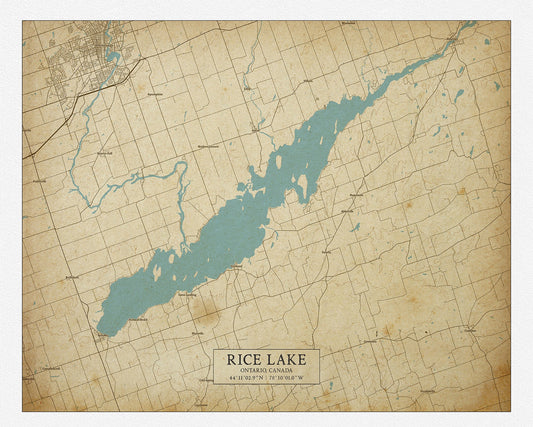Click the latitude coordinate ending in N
[245, 378]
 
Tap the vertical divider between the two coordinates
[266, 378]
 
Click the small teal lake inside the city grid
[113, 57]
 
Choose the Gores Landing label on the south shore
[186, 296]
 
